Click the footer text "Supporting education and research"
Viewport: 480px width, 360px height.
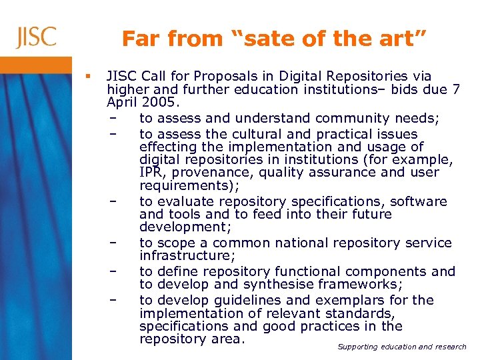pyautogui.click(x=402, y=347)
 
